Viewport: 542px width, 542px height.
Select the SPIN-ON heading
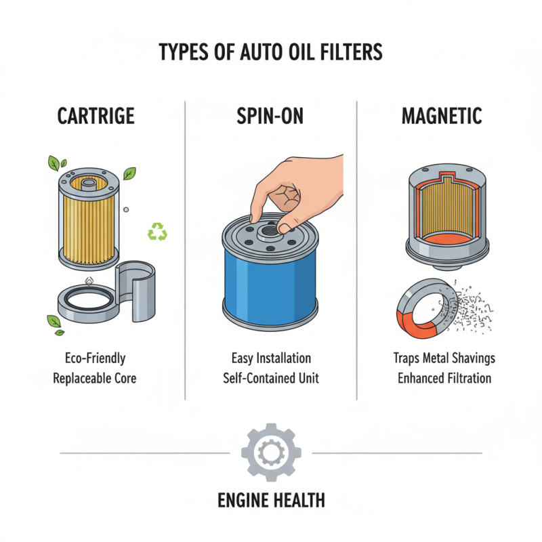(270, 116)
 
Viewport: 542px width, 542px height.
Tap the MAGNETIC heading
(442, 116)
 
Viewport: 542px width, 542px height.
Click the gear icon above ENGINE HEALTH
(271, 452)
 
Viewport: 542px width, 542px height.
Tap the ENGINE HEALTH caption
(271, 501)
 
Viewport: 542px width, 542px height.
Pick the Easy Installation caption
(271, 358)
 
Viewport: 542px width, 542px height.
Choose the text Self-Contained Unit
(271, 378)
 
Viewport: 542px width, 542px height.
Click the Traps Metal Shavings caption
(444, 358)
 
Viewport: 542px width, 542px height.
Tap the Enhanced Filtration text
(444, 378)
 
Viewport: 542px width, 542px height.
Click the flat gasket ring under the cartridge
(86, 302)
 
